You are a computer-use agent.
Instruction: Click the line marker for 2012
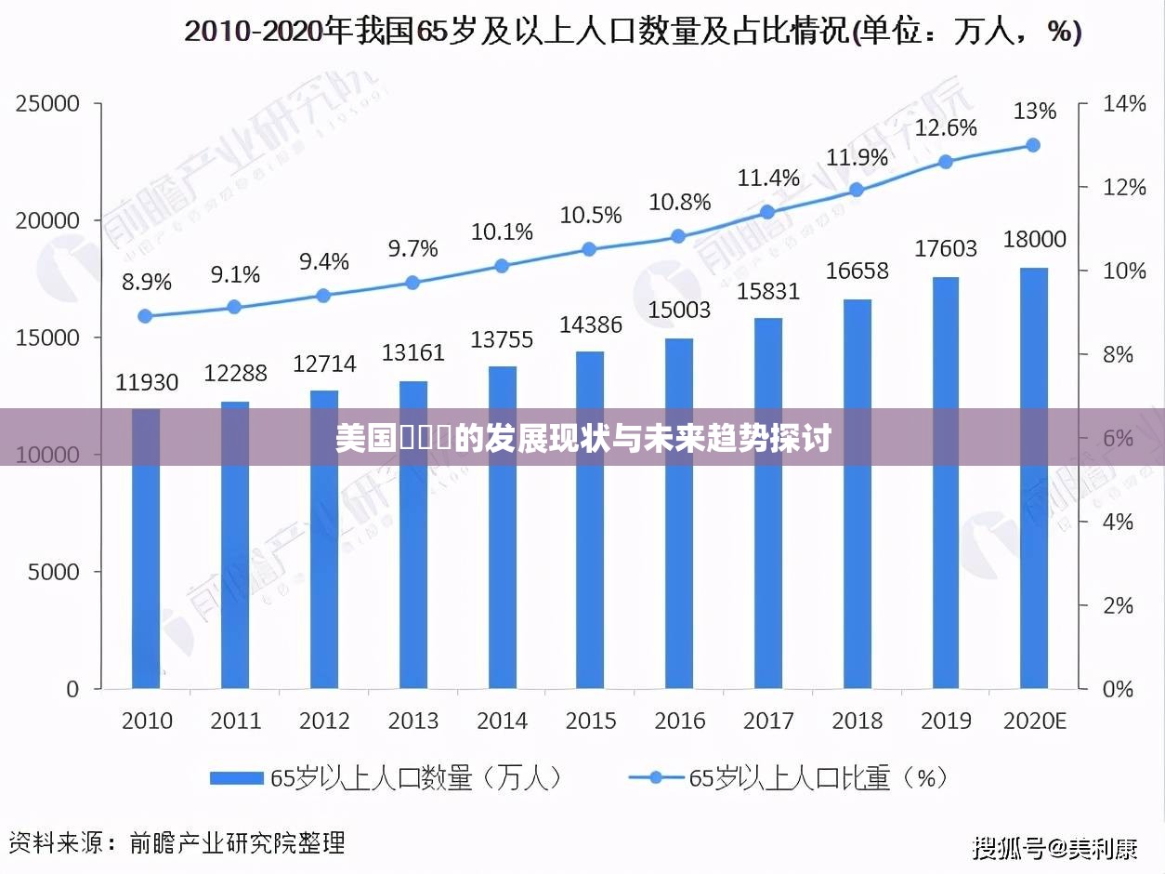coord(323,296)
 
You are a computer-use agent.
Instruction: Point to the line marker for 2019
coord(946,162)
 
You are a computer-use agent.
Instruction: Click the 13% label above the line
coord(1034,112)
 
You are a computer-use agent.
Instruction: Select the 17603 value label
coord(946,248)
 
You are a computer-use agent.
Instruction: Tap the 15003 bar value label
coord(679,309)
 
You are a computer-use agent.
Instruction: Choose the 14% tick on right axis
coord(1123,104)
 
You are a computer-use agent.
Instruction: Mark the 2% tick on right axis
coord(1119,605)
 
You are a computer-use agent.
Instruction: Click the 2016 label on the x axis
coord(679,721)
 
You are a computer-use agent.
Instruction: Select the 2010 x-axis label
coord(147,721)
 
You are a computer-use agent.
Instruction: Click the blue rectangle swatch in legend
coord(237,778)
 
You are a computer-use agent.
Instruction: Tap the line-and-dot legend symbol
coord(655,778)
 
